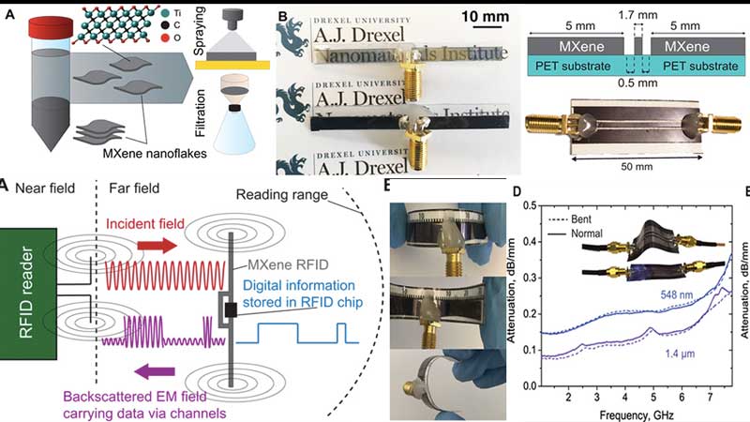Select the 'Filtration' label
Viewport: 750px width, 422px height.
(x=200, y=120)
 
